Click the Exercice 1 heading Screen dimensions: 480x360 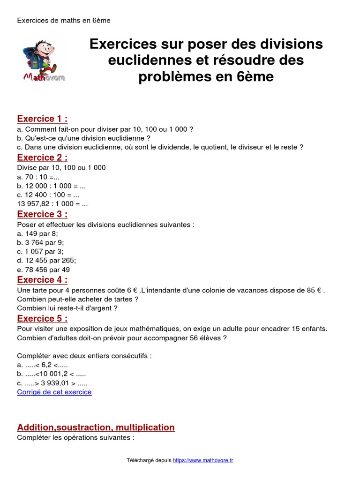coord(42,119)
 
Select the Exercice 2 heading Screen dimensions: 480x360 coord(42,157)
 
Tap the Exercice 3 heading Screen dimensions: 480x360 coord(42,214)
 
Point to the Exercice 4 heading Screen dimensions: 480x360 coord(42,280)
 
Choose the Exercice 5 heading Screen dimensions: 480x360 coord(42,319)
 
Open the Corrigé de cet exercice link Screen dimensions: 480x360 coord(54,392)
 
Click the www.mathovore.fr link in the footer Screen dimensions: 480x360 coord(203,460)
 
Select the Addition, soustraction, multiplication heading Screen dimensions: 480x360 coord(96,427)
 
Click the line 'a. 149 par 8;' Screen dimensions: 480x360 coord(37,233)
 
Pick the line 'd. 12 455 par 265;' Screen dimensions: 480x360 coord(46,260)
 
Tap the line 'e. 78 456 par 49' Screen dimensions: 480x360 coord(44,270)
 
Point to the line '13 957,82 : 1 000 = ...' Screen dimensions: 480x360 coord(52,204)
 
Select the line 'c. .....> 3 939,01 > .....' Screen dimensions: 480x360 coord(52,383)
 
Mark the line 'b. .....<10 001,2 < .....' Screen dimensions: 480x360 coord(52,374)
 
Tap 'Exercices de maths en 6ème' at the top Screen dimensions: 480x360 coord(64,21)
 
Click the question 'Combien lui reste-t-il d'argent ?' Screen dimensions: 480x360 coord(67,308)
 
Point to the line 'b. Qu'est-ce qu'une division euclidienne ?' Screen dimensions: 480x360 coord(83,138)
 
